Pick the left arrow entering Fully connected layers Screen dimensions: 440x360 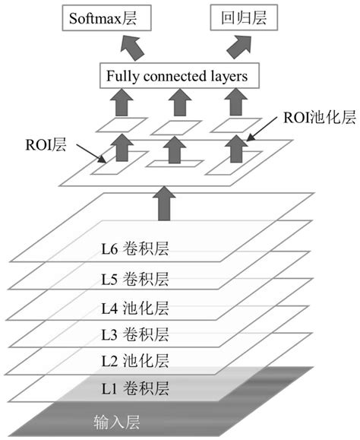122,100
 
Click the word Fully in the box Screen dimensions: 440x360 122,76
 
